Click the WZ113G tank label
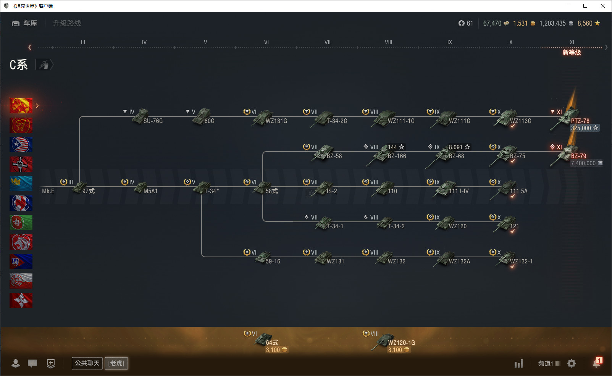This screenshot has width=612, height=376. coord(520,121)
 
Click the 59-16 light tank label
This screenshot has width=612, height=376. coord(273,261)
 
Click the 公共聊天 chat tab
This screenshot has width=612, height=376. coord(87,363)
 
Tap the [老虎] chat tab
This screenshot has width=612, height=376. coord(116,363)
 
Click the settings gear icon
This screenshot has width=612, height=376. coord(571,363)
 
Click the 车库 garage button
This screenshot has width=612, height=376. coord(24,23)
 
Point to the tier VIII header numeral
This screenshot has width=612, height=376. coord(388,42)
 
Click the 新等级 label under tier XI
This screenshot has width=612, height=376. coord(572,52)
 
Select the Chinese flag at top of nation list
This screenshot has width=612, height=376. coord(21,106)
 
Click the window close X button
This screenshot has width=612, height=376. coord(603,6)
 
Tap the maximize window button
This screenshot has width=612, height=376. coord(585,6)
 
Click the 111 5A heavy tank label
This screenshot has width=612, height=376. coord(518,191)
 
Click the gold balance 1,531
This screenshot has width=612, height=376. coord(520,23)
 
